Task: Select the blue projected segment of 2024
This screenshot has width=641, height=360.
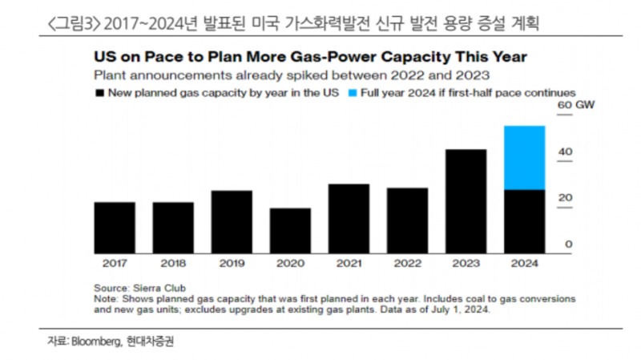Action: (x=524, y=157)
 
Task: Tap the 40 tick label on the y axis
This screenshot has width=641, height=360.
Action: (x=565, y=152)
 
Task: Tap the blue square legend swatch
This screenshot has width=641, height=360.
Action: (x=353, y=93)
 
